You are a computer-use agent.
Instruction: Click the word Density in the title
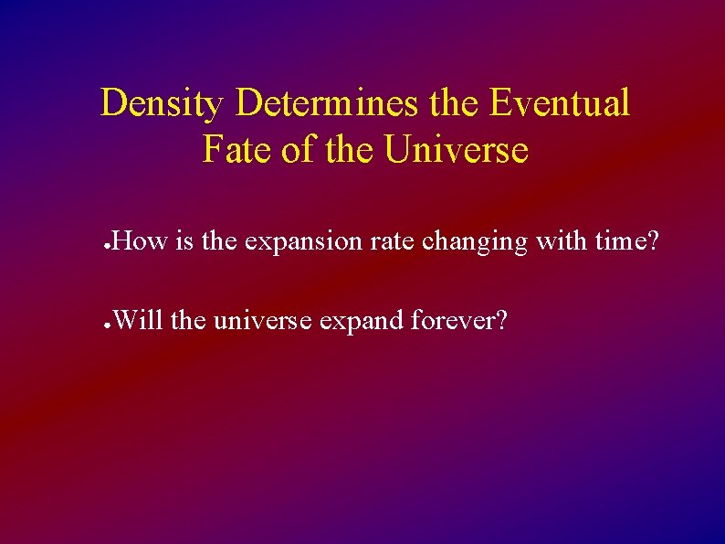coord(161,104)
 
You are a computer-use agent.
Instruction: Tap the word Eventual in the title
coord(559,104)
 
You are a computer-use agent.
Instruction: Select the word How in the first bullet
coord(141,242)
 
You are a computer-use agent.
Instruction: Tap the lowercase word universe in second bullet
coord(272,322)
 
